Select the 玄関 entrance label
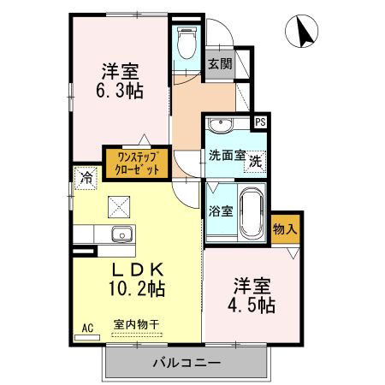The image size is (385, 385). (x=219, y=63)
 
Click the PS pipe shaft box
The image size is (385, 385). (x=259, y=121)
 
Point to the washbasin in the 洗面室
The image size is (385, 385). (x=222, y=125)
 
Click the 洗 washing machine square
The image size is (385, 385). (x=256, y=158)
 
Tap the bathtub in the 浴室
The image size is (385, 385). (x=249, y=213)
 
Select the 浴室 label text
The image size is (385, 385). (x=218, y=211)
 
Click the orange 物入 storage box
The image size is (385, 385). (x=285, y=228)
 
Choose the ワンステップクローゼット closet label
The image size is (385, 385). (x=138, y=163)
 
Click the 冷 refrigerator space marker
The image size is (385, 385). (x=86, y=178)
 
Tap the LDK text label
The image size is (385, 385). (x=137, y=269)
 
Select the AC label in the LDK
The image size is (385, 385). (x=87, y=327)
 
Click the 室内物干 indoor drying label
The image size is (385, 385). (x=136, y=324)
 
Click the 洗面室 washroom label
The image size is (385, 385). (x=227, y=157)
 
